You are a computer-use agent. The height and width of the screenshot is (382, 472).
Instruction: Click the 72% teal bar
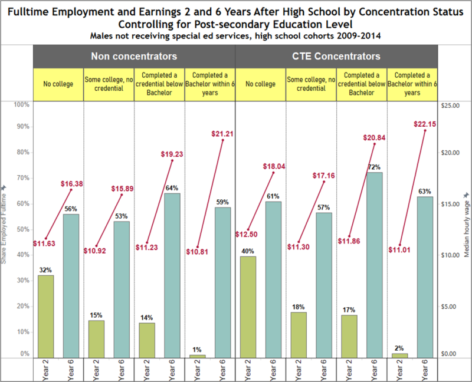tap(375, 265)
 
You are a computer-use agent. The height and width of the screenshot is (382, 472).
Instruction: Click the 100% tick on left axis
tap(22, 105)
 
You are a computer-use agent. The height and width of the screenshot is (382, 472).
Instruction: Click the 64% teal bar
tap(173, 275)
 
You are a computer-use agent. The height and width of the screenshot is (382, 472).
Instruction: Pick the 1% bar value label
tap(198, 349)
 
